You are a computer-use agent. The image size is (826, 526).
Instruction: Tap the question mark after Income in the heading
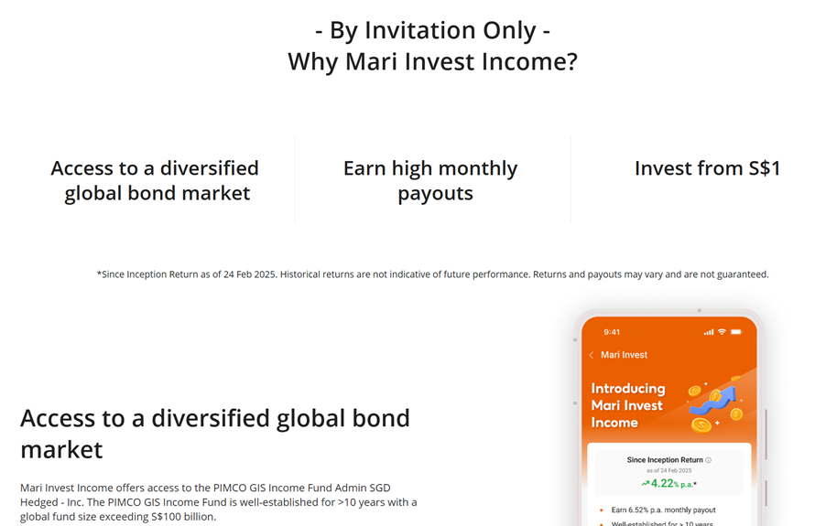point(571,61)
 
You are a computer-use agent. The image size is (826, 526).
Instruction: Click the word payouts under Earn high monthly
point(435,194)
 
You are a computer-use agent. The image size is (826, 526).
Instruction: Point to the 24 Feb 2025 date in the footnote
point(250,274)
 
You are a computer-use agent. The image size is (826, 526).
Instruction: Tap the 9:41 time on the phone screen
point(612,332)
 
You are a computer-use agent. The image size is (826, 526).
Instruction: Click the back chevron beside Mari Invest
point(591,355)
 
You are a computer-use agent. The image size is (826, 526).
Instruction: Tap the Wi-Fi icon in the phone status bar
point(722,331)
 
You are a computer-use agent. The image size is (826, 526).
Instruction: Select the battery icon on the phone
point(736,331)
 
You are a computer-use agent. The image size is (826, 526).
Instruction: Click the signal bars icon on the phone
point(709,332)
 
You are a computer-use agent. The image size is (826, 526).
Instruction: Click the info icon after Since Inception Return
point(708,460)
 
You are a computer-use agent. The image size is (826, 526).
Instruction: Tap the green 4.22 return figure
point(662,483)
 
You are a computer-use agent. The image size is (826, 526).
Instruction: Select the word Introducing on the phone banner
point(628,389)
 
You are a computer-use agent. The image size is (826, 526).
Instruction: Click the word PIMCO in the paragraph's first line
point(230,488)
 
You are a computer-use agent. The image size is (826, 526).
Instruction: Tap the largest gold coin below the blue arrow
point(701,424)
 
